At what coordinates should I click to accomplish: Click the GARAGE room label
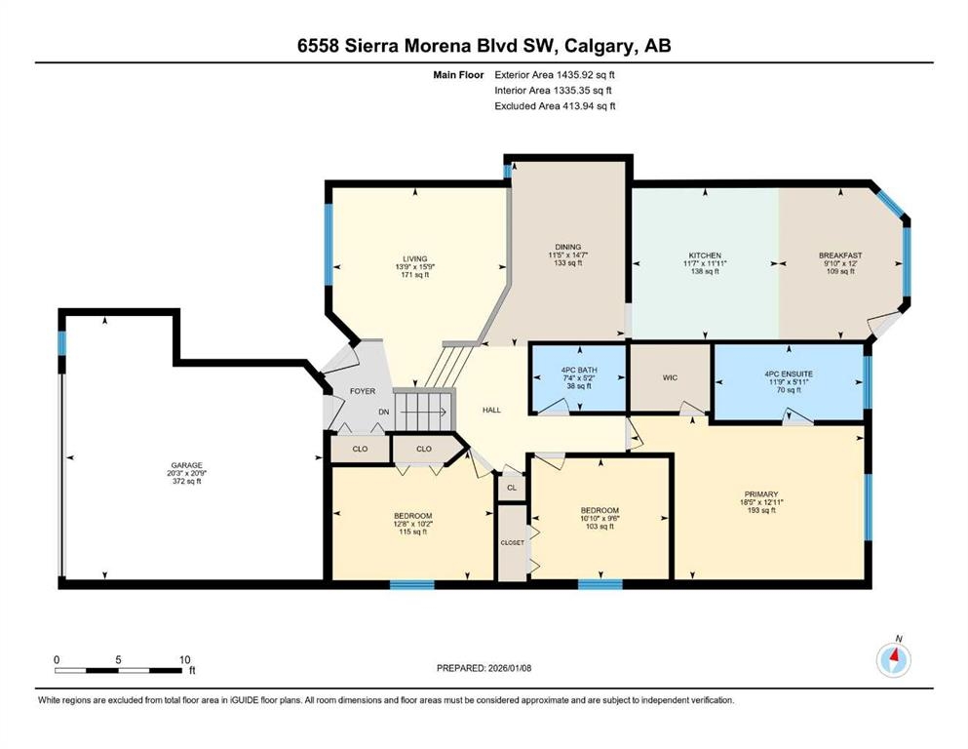coord(186,465)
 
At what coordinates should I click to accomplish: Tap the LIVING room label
coord(415,259)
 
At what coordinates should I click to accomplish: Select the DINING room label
coord(568,247)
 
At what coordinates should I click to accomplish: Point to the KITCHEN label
coord(705,256)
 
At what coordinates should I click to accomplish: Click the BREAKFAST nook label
coord(840,256)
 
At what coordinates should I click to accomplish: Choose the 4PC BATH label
coord(579,371)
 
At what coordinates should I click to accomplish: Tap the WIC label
coord(670,377)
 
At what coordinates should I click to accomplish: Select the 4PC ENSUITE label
coord(789,374)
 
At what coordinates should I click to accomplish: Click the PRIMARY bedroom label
coord(761,494)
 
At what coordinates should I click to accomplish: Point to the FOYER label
coord(363,391)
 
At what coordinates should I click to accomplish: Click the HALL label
coord(491,410)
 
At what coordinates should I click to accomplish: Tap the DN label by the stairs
coord(384,412)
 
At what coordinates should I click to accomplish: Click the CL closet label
coord(512,488)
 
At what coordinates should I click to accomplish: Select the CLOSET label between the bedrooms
coord(513,543)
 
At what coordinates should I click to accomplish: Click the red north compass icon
coord(893,660)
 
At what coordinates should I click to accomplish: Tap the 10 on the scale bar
coord(184,660)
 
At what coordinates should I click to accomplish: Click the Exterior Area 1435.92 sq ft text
coord(555,75)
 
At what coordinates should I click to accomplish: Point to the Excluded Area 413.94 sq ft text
coord(555,106)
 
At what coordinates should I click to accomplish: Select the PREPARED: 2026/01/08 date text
coord(484,668)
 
